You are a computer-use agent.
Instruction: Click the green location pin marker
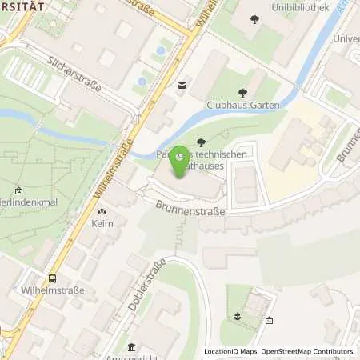pos(181,154)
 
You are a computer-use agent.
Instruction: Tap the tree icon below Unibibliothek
pos(255,19)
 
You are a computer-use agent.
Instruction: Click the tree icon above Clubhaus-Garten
pos(240,92)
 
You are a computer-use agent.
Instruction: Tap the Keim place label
pos(102,225)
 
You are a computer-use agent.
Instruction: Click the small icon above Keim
pos(102,212)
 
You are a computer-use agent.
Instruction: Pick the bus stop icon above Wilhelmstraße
pos(53,278)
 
